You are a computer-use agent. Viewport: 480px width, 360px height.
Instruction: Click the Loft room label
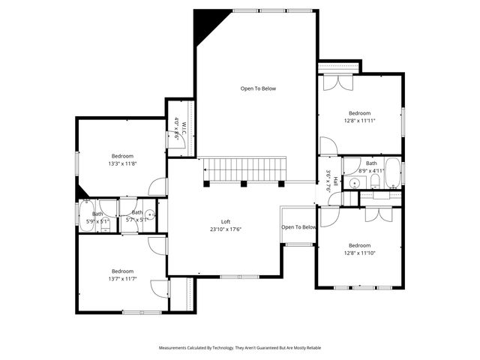click(x=225, y=222)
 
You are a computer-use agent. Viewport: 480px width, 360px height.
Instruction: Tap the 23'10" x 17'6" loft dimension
click(x=225, y=229)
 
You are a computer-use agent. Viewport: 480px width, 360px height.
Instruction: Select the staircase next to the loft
click(x=244, y=169)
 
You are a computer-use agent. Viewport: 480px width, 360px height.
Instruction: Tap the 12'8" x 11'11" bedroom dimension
click(x=359, y=120)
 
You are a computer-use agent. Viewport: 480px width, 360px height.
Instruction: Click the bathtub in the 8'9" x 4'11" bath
click(x=393, y=173)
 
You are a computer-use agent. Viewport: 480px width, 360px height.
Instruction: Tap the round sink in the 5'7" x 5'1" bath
click(x=150, y=214)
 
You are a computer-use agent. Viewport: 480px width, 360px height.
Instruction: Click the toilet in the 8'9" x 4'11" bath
click(x=352, y=182)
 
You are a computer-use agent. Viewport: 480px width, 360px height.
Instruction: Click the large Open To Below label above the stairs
click(x=258, y=88)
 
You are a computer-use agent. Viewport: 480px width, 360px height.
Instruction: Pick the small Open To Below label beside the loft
click(x=298, y=227)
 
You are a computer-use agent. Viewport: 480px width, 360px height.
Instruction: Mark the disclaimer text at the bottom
click(x=240, y=348)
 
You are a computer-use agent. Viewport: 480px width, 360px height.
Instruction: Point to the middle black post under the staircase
click(x=244, y=184)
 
